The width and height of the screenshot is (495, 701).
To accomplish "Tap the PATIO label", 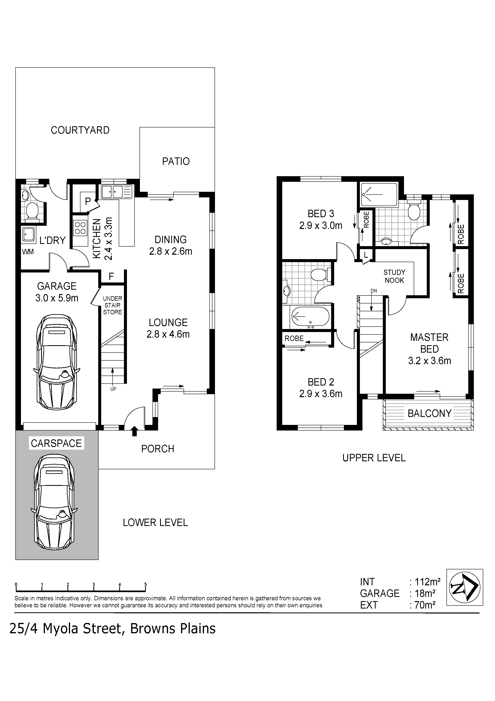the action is (x=176, y=161).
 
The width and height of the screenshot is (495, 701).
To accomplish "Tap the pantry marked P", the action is (x=88, y=202).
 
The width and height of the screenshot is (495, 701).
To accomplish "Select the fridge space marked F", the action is (x=112, y=277).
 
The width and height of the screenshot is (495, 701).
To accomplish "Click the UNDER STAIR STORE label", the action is (x=113, y=305).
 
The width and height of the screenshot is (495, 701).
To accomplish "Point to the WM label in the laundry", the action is (x=28, y=252).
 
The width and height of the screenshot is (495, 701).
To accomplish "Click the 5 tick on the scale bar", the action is (x=146, y=585).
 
